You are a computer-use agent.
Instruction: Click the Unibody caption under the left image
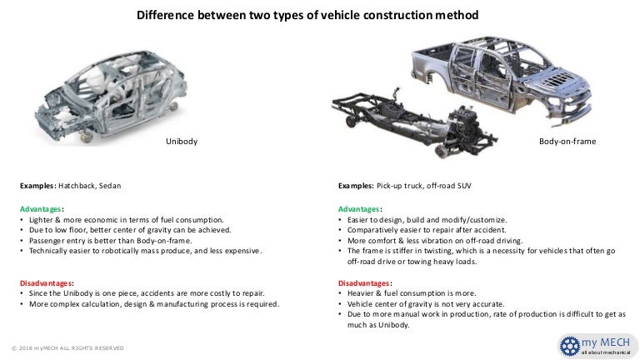182,142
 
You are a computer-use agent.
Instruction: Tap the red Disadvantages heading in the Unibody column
47,282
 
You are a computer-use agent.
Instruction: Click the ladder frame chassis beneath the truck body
400,125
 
